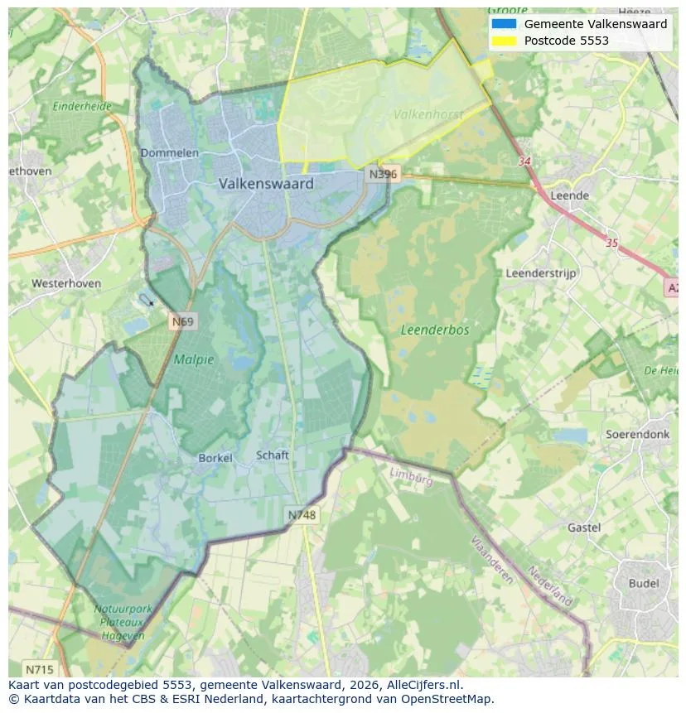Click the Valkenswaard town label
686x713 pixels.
[266, 184]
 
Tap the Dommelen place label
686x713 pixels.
[169, 153]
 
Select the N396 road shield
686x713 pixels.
[384, 174]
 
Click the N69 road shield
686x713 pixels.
[183, 321]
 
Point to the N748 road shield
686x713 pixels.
[302, 515]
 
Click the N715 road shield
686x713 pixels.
[39, 669]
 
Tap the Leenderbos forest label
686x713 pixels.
[434, 330]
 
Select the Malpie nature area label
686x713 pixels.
[193, 359]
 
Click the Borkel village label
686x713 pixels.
[215, 458]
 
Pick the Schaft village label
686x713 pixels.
[273, 455]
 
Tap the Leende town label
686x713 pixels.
[569, 195]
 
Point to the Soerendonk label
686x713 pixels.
[637, 434]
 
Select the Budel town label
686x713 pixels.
[644, 583]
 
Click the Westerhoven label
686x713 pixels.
[66, 283]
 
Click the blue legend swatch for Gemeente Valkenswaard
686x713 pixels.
[502, 24]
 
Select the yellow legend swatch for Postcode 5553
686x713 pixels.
[502, 41]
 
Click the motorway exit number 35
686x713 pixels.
[611, 243]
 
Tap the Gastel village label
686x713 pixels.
[584, 528]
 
